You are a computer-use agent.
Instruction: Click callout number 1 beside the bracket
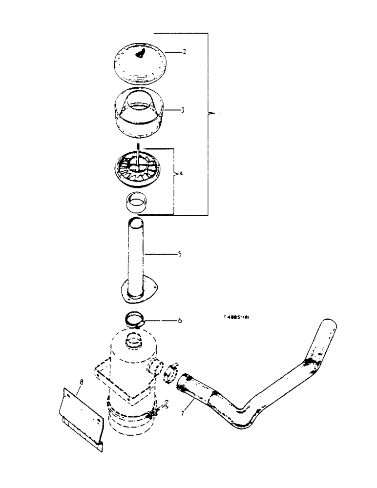(x=220, y=113)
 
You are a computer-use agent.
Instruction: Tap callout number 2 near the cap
(x=170, y=51)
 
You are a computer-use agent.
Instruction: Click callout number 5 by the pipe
(x=180, y=254)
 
